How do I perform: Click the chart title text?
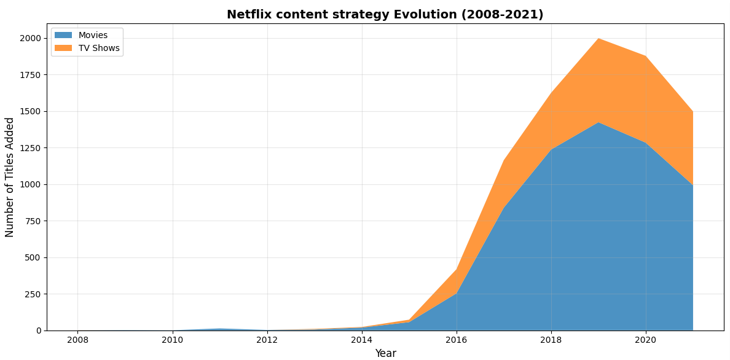[385, 15]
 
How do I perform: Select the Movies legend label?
[93, 36]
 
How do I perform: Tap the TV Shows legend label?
[99, 49]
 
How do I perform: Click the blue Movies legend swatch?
[63, 36]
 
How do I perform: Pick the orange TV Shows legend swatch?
[63, 49]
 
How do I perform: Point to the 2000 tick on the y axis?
[30, 38]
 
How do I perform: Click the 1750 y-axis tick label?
[30, 75]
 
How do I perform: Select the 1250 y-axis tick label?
[30, 148]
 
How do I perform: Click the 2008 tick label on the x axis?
[77, 340]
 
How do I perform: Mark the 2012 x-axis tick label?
[267, 340]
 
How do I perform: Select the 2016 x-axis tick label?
[456, 340]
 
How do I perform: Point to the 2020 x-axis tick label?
[645, 340]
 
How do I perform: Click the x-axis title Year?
[385, 353]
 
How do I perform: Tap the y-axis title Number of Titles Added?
[10, 177]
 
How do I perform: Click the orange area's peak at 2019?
[599, 39]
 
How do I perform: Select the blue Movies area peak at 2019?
[599, 123]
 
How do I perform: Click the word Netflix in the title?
[248, 15]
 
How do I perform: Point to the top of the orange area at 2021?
[693, 112]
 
